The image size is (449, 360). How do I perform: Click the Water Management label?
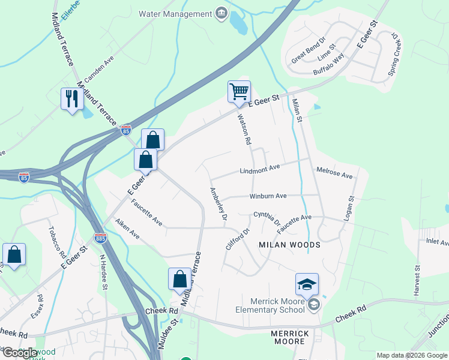tap(175, 13)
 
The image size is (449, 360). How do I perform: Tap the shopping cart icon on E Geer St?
tap(239, 92)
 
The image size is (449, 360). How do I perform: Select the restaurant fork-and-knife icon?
tap(72, 98)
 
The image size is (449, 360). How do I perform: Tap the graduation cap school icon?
tap(307, 284)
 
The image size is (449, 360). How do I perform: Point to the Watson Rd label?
tap(244, 130)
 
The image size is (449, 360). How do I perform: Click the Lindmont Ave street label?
tap(260, 170)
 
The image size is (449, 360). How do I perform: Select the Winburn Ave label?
tap(268, 196)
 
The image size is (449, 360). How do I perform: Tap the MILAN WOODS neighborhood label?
tap(289, 245)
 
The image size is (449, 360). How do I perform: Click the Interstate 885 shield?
tap(100, 238)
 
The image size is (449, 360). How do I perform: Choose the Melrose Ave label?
tap(334, 173)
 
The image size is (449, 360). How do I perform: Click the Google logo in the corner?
tap(20, 352)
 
